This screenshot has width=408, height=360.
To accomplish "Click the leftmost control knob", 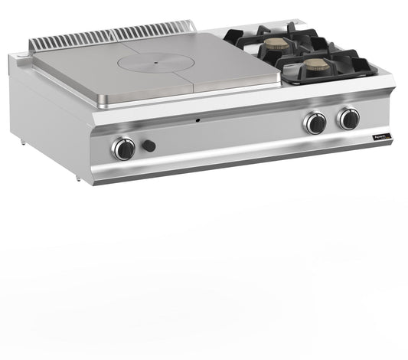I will pos(123,148).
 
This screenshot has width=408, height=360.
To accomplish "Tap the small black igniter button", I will pos(149,146).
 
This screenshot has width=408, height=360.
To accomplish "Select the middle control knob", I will pos(315,122).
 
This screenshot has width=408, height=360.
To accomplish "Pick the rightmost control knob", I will pos(349,118).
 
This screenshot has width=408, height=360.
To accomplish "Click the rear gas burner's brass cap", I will pos(277,44).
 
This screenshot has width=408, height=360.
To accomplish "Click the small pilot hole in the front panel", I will pos(197,121).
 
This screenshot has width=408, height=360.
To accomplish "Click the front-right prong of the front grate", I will pos(374,71).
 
